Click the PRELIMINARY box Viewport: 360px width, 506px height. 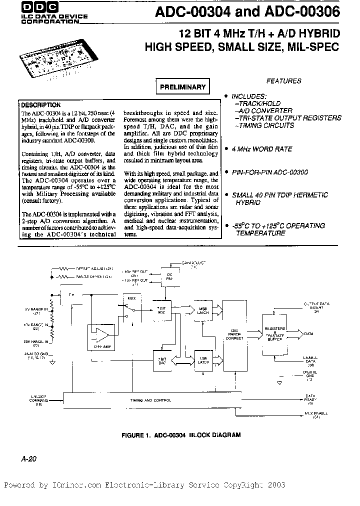(182, 87)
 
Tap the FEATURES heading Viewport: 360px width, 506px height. (283, 80)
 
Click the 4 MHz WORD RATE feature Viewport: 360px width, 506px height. (262, 149)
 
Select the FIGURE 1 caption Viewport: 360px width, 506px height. (181, 435)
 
